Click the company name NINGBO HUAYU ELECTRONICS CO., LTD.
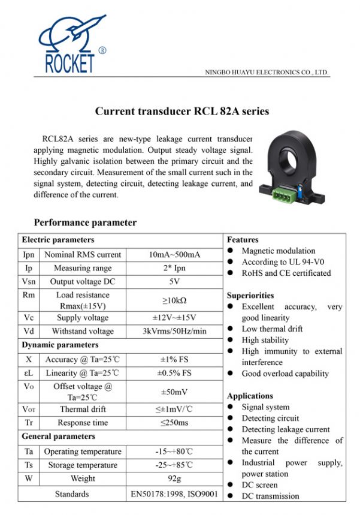pos(267,73)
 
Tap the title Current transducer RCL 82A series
pos(182,112)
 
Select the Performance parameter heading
pos(85,222)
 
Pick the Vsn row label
pos(28,281)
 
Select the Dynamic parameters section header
pos(60,345)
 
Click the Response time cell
pos(83,423)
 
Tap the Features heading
pos(243,240)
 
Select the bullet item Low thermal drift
pos(272,329)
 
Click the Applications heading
pos(250,396)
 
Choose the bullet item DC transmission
pos(270,496)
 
